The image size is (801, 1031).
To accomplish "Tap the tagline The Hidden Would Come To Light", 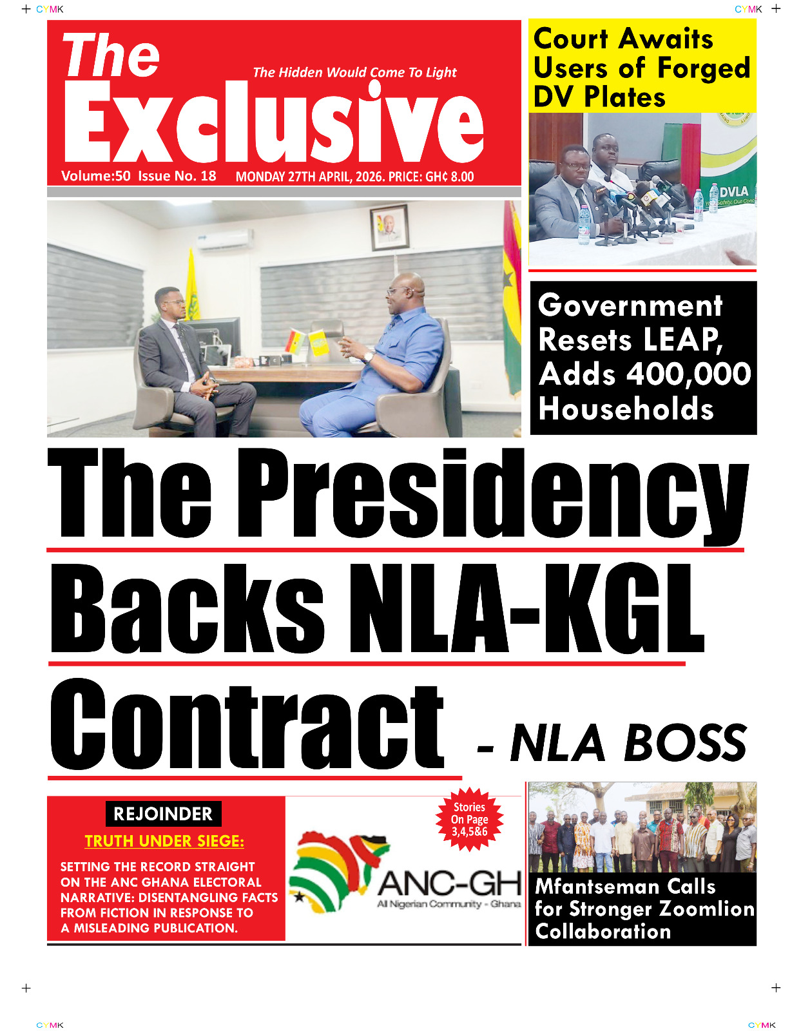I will [x=354, y=72].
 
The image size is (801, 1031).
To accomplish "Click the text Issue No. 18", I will [x=177, y=177].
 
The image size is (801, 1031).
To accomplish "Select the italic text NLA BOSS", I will [x=628, y=743].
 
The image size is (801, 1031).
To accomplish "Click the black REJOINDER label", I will [x=163, y=814].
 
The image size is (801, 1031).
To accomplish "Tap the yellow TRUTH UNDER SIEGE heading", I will [x=164, y=841].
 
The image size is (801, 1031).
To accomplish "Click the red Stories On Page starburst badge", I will [x=469, y=819].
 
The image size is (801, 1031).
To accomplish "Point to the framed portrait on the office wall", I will [x=389, y=226].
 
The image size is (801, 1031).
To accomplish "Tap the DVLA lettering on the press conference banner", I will [x=734, y=191].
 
